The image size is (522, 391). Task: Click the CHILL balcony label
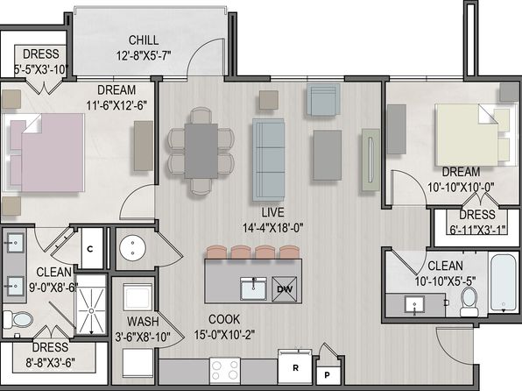144,40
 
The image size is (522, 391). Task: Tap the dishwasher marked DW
285,289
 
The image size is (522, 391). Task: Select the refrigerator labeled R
295,366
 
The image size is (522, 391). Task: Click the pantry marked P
327,375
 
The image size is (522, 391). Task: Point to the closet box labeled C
90,249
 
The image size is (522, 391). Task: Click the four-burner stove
225,371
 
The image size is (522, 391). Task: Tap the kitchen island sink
253,288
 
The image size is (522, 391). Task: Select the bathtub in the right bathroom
504,283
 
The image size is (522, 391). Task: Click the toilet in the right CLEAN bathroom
469,302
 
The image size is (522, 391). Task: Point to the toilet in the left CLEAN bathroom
18,320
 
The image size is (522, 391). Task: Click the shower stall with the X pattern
90,305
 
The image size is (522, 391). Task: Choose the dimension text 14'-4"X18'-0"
272,228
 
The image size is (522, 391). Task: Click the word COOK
224,319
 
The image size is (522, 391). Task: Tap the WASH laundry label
143,322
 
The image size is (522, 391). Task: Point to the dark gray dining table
201,151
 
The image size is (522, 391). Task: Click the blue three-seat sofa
268,160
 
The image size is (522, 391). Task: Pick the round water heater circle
132,248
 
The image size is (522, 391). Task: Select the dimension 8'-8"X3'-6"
50,362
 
